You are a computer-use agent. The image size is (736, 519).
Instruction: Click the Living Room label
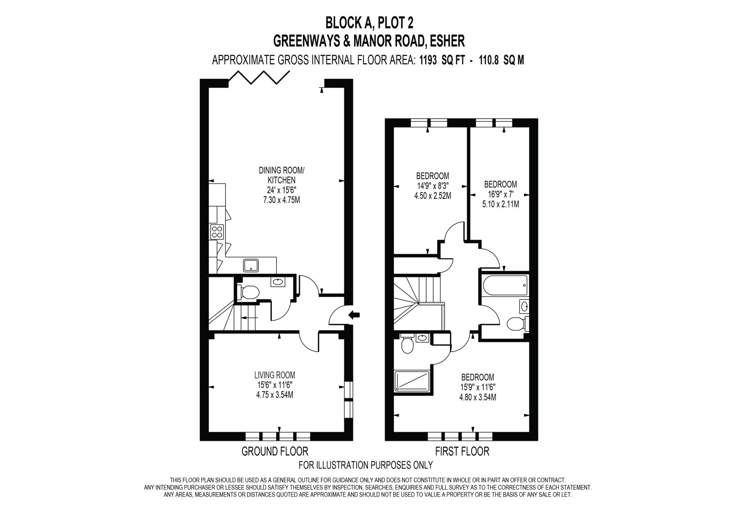[275, 375]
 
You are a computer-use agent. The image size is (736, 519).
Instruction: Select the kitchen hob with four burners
[217, 232]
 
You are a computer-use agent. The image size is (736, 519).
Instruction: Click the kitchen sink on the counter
[251, 266]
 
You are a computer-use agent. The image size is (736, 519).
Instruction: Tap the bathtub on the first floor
[505, 285]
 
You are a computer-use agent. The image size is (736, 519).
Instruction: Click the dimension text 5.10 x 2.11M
[500, 205]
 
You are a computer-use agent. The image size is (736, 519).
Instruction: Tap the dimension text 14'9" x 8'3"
[433, 186]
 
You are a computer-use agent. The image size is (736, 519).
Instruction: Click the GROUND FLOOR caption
[275, 451]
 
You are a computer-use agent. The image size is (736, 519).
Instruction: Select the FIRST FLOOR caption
[462, 451]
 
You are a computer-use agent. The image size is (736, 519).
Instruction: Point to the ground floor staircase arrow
[249, 318]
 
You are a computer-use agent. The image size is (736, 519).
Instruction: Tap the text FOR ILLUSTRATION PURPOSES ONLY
[365, 465]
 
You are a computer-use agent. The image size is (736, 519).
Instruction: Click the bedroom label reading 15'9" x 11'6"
[477, 388]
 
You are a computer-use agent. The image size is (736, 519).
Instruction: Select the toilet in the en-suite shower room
[407, 345]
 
